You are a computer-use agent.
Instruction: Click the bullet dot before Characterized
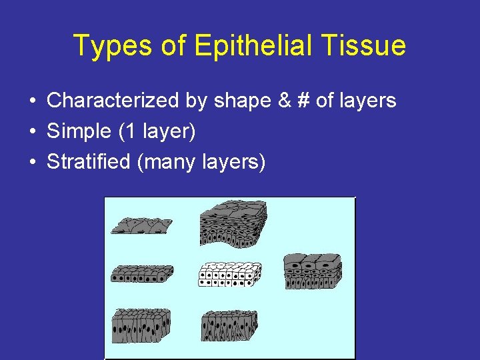click(x=32, y=101)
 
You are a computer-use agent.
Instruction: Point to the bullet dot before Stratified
click(x=32, y=162)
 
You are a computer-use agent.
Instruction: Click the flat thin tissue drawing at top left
click(x=141, y=225)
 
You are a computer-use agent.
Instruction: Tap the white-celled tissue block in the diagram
click(x=229, y=274)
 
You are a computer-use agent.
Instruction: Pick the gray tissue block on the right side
click(x=313, y=271)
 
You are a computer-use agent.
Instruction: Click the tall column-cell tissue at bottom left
click(x=141, y=325)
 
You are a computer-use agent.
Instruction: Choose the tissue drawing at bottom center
click(x=229, y=325)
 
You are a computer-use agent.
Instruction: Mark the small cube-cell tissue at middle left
click(x=141, y=273)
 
